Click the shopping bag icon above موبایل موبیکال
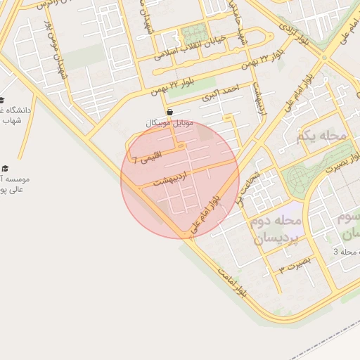pyautogui.click(x=170, y=112)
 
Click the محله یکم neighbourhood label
pyautogui.click(x=323, y=136)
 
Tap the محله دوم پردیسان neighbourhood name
pyautogui.click(x=275, y=230)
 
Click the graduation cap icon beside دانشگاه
pyautogui.click(x=2, y=100)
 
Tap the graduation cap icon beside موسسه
pyautogui.click(x=6, y=169)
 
